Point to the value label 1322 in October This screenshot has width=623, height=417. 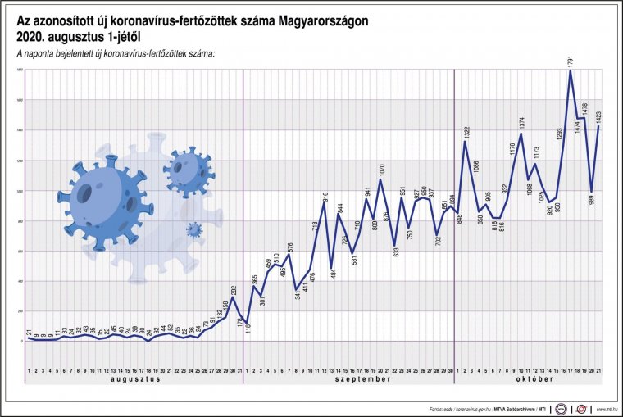click(466, 130)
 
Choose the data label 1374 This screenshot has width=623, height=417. click(521, 122)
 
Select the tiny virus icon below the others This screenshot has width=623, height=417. click(193, 230)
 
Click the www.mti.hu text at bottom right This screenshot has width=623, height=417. click(605, 408)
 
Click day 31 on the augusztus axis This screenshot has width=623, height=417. click(239, 371)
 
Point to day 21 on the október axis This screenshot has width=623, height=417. click(599, 371)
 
